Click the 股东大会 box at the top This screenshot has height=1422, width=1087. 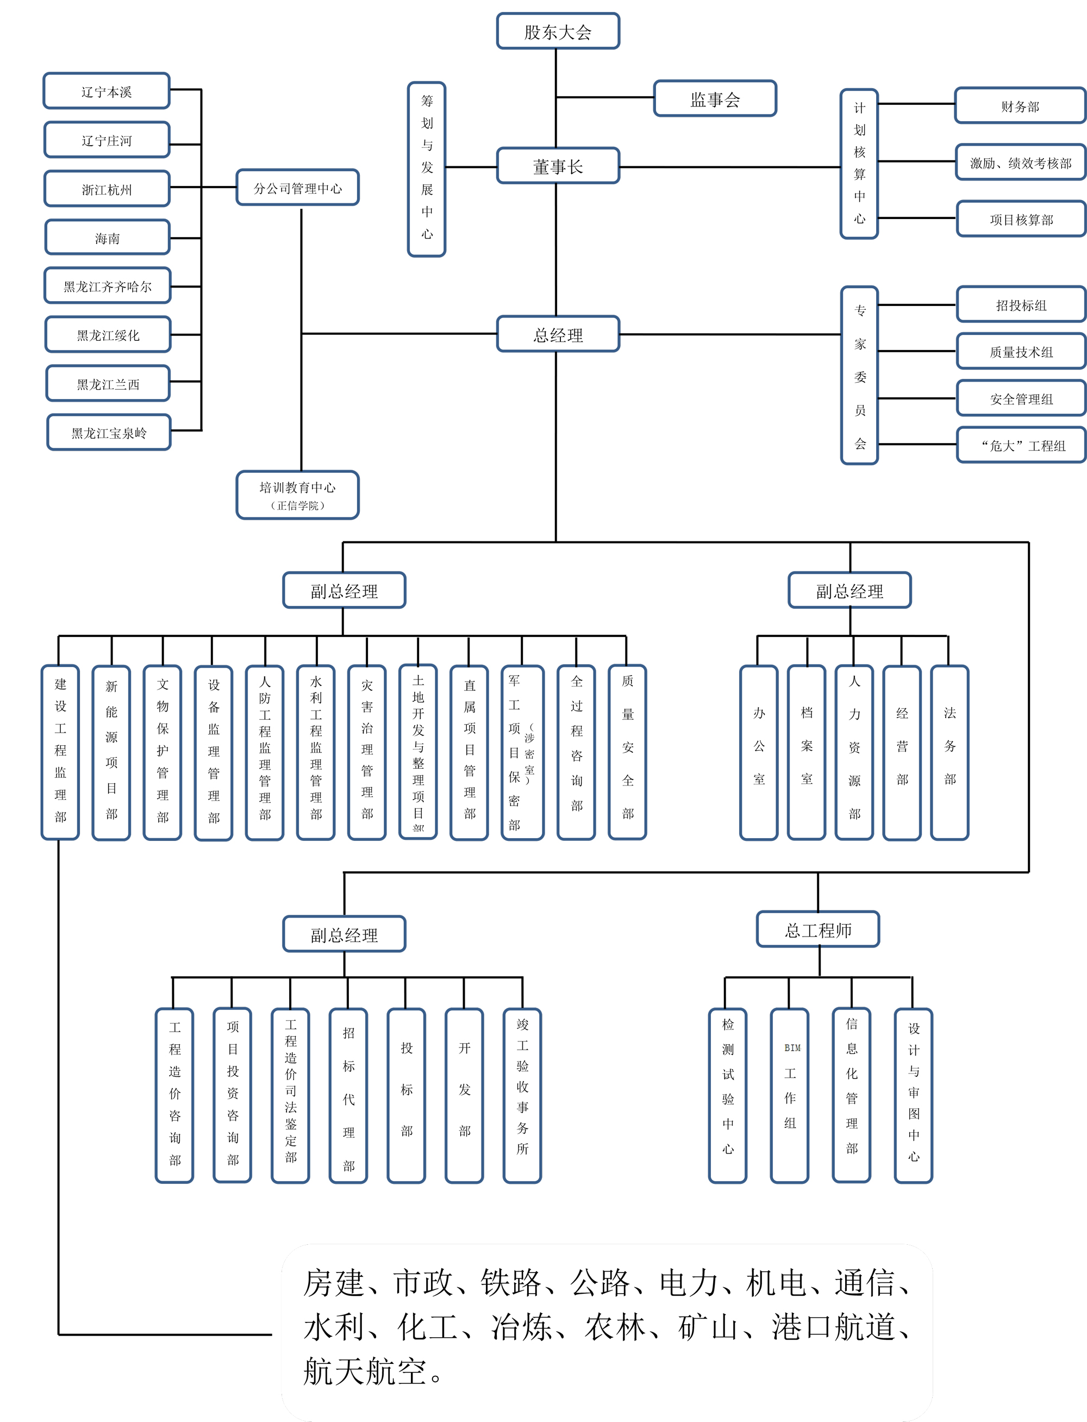558,31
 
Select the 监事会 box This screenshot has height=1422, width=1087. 715,98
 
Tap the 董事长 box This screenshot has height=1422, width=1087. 558,166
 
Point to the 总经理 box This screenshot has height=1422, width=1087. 558,334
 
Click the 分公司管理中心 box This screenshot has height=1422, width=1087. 298,188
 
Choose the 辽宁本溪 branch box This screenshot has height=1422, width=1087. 107,91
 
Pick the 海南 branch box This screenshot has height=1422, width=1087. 108,238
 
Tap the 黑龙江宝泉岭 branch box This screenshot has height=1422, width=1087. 109,432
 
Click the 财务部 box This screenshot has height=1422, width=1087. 1020,105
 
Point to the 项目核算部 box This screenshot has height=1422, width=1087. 1021,219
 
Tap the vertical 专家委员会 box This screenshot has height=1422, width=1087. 859,375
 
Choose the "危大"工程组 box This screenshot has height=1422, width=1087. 1021,445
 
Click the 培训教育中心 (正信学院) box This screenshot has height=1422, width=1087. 298,495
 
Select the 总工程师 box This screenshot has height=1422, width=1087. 818,930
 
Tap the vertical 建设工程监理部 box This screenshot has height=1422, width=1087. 60,752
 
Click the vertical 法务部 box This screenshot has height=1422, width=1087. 949,752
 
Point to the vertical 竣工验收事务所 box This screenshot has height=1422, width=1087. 522,1095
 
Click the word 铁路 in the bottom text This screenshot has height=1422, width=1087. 510,1283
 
